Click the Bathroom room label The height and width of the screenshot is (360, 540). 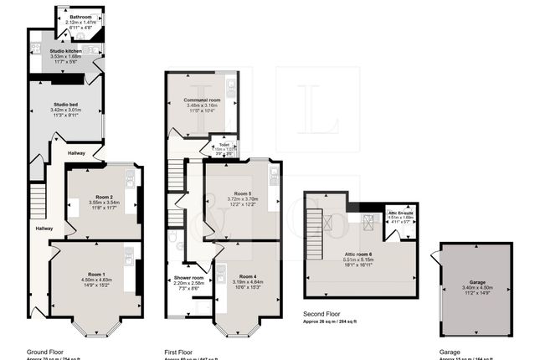tap(81, 17)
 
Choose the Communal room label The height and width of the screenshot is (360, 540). tap(202, 100)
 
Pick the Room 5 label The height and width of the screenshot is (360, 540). tap(243, 193)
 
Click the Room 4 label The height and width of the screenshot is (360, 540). tap(249, 276)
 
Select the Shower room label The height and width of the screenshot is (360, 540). tap(188, 277)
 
